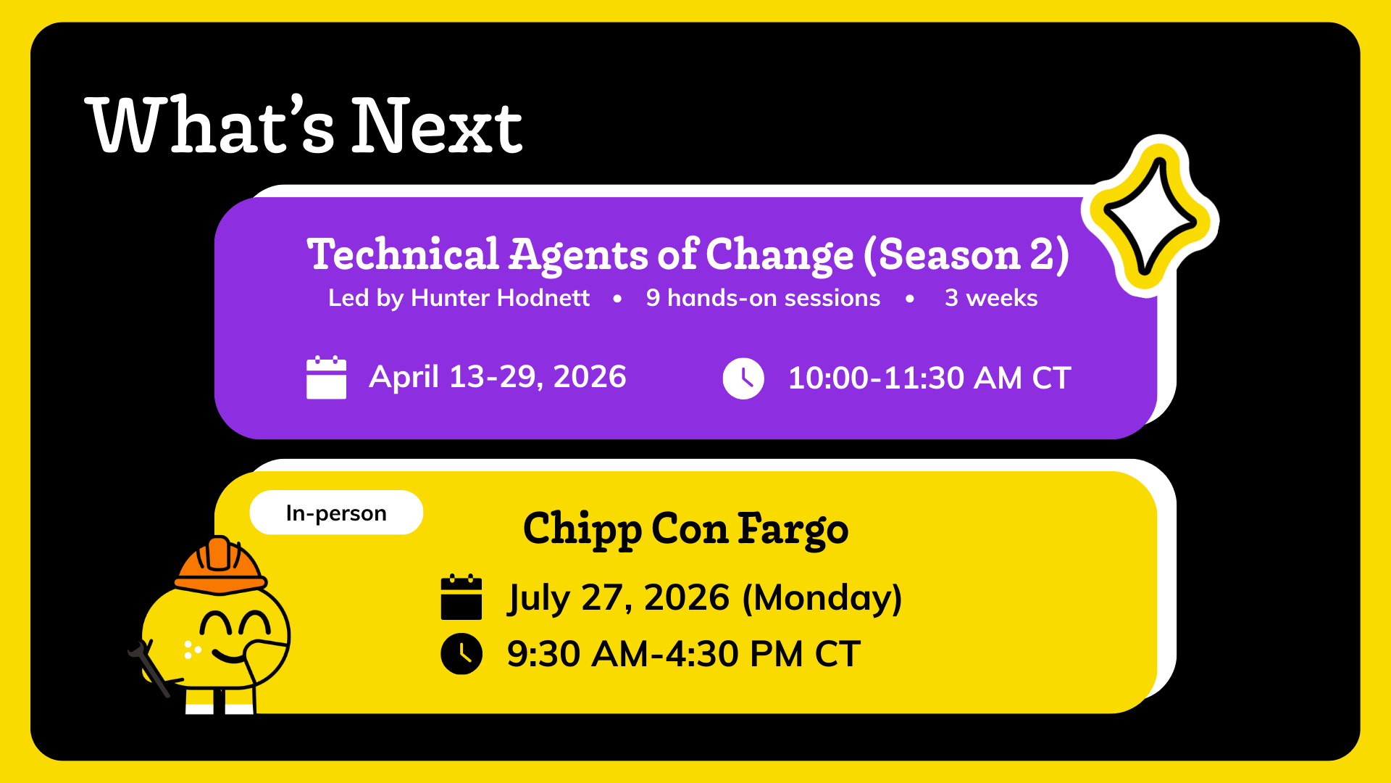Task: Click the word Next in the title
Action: [437, 126]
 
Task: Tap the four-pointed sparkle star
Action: [1150, 217]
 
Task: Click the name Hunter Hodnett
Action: [500, 298]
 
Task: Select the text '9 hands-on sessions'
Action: [763, 298]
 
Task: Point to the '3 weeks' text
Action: [991, 298]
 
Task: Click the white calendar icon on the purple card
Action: [326, 378]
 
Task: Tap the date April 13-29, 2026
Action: [498, 377]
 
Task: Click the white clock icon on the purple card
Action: [743, 378]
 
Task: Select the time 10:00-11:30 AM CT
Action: [930, 378]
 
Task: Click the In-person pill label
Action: [336, 513]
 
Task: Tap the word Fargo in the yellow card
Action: [793, 529]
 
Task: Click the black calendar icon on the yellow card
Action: [461, 597]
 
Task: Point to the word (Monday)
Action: [822, 598]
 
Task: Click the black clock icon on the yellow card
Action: [461, 654]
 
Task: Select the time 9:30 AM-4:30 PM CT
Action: [684, 654]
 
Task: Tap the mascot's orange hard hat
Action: [220, 565]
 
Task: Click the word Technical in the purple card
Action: [404, 254]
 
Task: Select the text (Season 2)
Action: [966, 255]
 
